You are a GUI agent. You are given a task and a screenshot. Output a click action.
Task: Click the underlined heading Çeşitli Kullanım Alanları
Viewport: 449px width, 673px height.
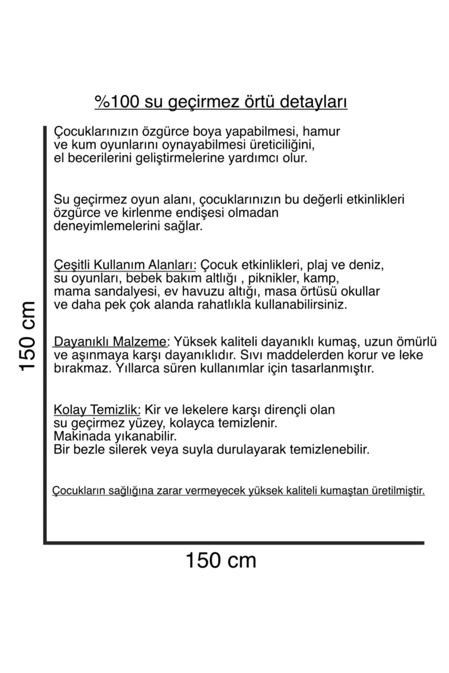point(125,264)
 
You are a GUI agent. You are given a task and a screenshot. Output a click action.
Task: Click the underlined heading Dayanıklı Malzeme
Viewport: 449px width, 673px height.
point(110,342)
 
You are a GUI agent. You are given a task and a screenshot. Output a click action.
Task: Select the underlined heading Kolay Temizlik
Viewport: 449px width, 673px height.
point(97,410)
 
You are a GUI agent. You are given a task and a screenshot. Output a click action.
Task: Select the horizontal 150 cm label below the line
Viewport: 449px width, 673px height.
point(221,560)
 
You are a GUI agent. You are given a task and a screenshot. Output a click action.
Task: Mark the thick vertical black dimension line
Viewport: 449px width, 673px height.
point(45,334)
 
